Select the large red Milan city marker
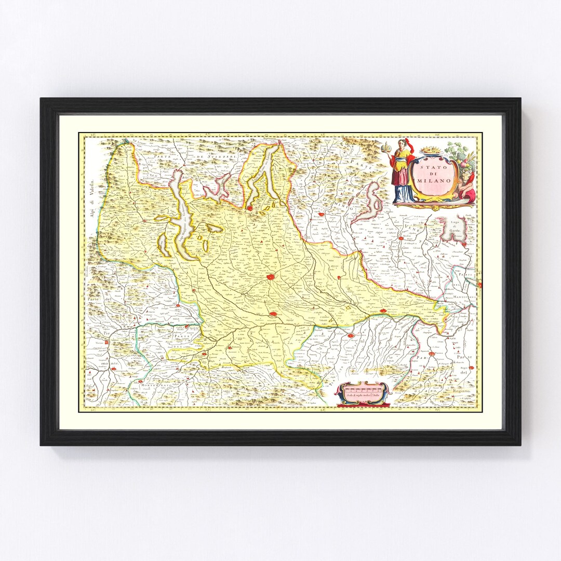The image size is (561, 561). point(271,278)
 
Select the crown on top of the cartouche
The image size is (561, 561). point(429,151)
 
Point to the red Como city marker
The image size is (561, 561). point(249,208)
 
